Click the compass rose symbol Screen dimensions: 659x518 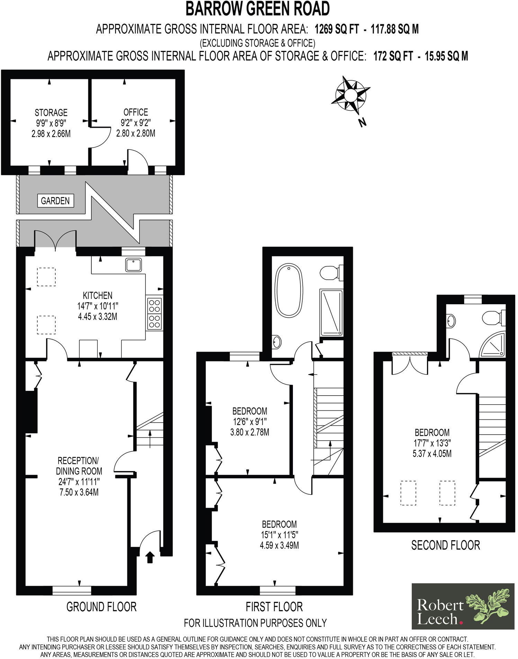[x=350, y=94]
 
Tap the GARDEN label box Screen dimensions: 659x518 [x=55, y=200]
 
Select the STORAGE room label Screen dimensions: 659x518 [x=51, y=112]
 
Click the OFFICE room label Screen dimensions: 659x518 [x=136, y=112]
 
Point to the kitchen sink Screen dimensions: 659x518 [x=134, y=265]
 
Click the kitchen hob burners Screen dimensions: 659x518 [x=154, y=314]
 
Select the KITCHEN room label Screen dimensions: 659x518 [x=98, y=295]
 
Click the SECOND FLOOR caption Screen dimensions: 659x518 [x=445, y=545]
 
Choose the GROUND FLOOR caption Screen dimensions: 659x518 [x=101, y=606]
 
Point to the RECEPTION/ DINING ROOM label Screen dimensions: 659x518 [x=79, y=466]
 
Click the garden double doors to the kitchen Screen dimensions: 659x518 [x=55, y=240]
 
